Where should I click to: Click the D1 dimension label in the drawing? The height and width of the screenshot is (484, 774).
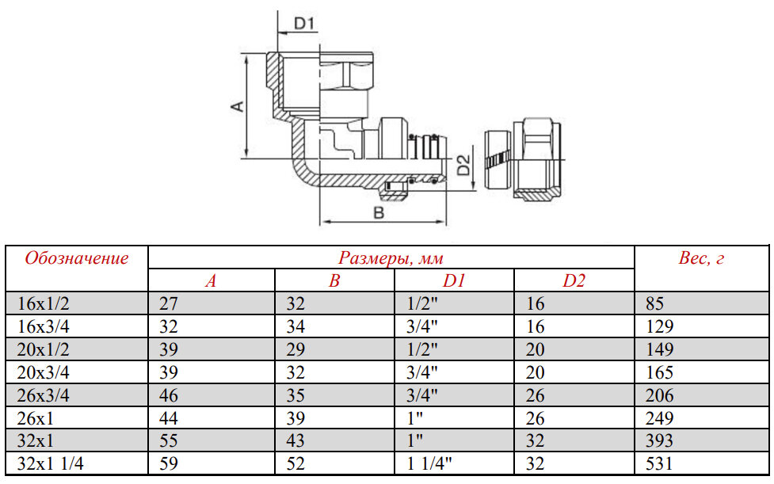(304, 23)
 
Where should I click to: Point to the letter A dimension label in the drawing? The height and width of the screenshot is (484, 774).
(238, 105)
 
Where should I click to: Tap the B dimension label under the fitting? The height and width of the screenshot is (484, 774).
(379, 213)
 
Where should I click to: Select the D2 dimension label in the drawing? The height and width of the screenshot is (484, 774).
(463, 165)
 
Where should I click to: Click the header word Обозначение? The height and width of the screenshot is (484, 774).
(77, 258)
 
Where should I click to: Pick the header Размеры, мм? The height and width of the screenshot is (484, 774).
(391, 257)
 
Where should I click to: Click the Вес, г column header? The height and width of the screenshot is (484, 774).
(701, 257)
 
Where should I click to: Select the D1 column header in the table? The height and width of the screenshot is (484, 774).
(454, 280)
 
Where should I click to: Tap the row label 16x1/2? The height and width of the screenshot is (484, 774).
(43, 303)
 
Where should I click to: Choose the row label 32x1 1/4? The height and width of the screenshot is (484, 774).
(51, 463)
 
